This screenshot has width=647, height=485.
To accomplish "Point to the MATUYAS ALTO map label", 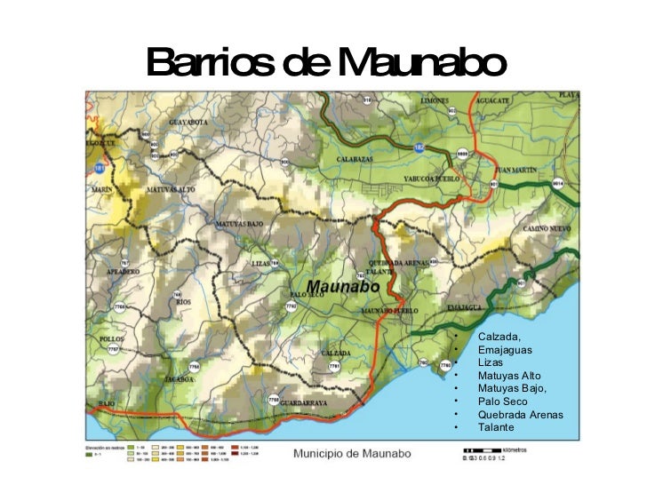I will click(171, 189).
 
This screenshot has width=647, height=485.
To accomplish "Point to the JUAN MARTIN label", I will click(517, 169).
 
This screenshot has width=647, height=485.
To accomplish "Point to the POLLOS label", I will click(113, 339).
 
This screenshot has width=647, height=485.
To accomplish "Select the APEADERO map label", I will click(124, 271).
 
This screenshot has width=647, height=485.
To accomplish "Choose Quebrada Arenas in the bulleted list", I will click(520, 414).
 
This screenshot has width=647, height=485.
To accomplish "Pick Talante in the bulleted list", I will click(496, 427).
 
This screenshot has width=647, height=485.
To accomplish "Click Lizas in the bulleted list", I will click(491, 362).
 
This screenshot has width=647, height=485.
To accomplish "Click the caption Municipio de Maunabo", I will click(352, 454).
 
